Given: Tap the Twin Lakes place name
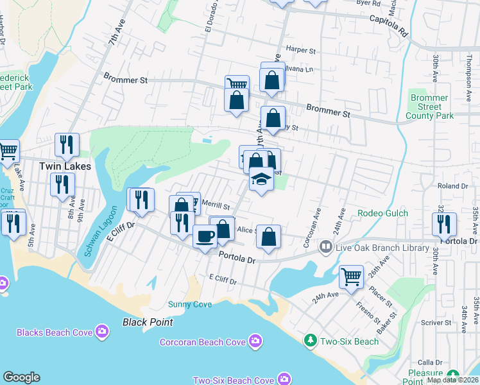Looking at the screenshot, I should click(x=65, y=166).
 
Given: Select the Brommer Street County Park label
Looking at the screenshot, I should click(x=429, y=107).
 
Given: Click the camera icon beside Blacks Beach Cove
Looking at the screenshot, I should click(x=102, y=332).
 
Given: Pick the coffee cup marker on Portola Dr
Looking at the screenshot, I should click(x=205, y=236).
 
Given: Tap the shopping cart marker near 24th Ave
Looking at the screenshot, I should click(x=351, y=277).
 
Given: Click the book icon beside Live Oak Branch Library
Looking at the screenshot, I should click(x=325, y=247).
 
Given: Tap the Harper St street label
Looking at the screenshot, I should click(x=302, y=49).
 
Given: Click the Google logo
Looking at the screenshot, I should click(x=21, y=377).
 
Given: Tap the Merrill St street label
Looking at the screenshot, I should click(x=216, y=206).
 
